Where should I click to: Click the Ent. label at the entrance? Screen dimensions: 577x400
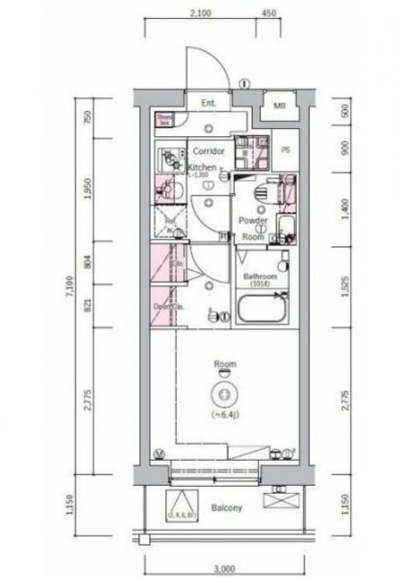coord(209,102)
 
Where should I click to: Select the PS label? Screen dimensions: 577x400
coord(285,150)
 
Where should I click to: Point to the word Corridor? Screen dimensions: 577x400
coord(207,151)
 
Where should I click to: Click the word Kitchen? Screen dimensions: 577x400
coord(202,168)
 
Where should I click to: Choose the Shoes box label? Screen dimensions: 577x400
coord(164,117)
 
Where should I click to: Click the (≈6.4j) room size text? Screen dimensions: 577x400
coord(223,415)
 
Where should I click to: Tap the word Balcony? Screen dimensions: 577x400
coord(228,508)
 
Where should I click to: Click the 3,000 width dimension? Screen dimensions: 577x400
coord(228,570)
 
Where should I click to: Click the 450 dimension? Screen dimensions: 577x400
coord(269,14)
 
